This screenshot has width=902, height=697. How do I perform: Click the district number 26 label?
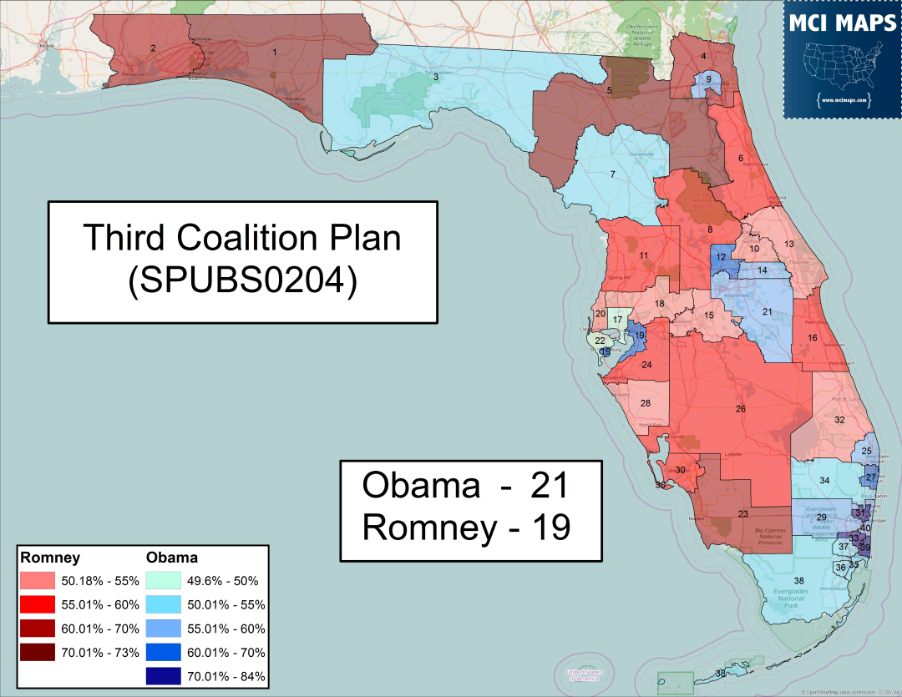pyautogui.click(x=740, y=408)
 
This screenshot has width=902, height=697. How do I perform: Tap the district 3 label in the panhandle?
pyautogui.click(x=435, y=78)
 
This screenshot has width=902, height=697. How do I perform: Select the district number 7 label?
pyautogui.click(x=612, y=174)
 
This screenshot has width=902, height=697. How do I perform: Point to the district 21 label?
pyautogui.click(x=767, y=311)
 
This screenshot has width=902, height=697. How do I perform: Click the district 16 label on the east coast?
pyautogui.click(x=812, y=337)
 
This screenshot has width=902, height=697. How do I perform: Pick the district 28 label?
pyautogui.click(x=646, y=403)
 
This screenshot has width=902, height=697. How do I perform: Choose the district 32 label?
pyautogui.click(x=839, y=419)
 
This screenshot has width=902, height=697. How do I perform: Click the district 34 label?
pyautogui.click(x=823, y=480)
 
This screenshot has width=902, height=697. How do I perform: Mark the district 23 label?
pyautogui.click(x=743, y=514)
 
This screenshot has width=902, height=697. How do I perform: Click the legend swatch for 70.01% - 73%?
pyautogui.click(x=38, y=652)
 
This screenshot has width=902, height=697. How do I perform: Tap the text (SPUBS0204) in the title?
pyautogui.click(x=242, y=281)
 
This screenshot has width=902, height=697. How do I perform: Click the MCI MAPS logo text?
pyautogui.click(x=843, y=23)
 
